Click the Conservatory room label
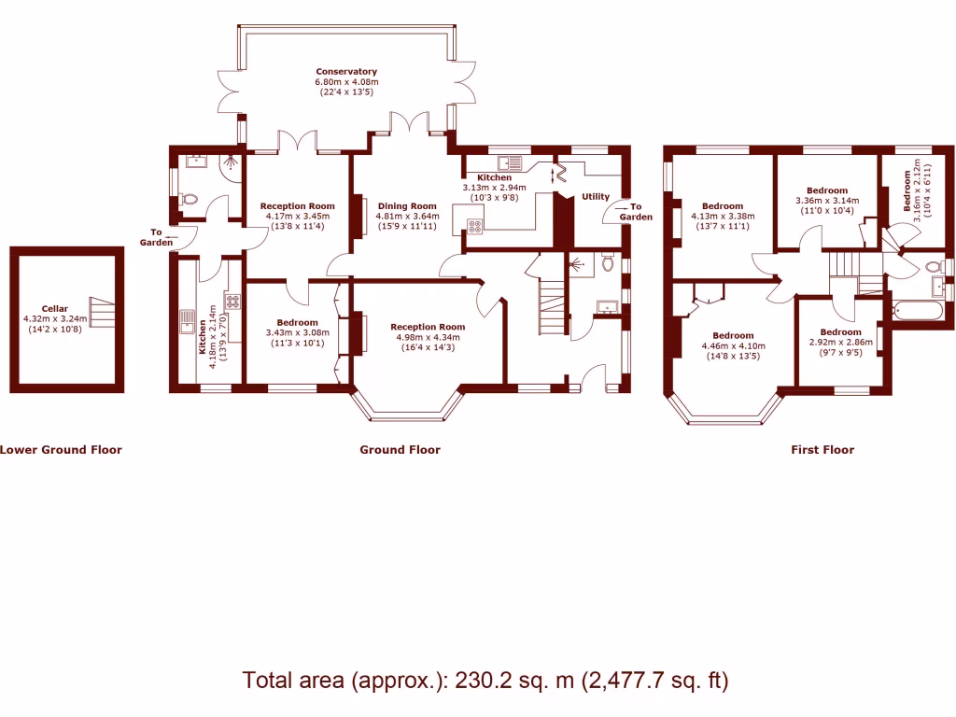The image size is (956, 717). pyautogui.click(x=345, y=72)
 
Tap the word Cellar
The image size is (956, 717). pyautogui.click(x=54, y=308)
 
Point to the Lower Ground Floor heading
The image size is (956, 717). pyautogui.click(x=61, y=450)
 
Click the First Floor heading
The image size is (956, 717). pyautogui.click(x=822, y=450)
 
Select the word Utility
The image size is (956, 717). pyautogui.click(x=596, y=197)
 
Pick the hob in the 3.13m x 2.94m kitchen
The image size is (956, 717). pyautogui.click(x=474, y=225)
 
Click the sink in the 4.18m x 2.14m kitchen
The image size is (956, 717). pyautogui.click(x=185, y=323)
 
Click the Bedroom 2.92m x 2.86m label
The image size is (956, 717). pyautogui.click(x=840, y=332)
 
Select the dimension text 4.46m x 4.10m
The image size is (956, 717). pyautogui.click(x=733, y=345)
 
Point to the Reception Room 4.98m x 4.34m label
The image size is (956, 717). pyautogui.click(x=427, y=328)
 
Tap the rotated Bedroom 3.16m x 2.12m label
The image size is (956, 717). pyautogui.click(x=907, y=192)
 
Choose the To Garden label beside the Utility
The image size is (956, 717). pyautogui.click(x=636, y=212)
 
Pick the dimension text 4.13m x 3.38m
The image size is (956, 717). pyautogui.click(x=723, y=216)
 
